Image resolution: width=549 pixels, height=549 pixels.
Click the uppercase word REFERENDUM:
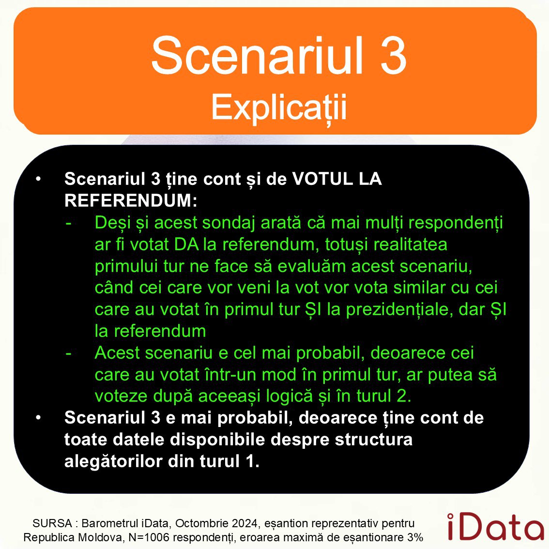coord(131,200)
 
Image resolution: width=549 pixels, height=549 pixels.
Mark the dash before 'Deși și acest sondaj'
coord(69,223)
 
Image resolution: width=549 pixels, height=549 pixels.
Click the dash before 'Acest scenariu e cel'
coord(69,353)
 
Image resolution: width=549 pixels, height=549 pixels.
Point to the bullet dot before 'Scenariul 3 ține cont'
coord(38,179)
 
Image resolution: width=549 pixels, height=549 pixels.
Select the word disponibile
coord(217,440)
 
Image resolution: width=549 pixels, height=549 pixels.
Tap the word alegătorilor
coord(114,461)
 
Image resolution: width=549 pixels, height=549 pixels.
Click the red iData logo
coord(495,526)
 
